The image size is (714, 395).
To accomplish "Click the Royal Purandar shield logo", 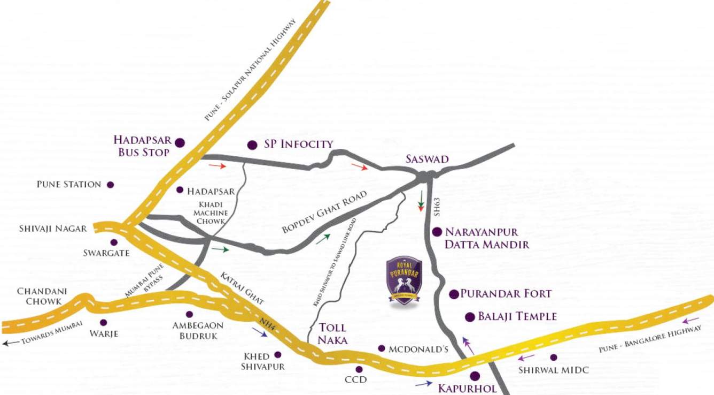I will click(405, 281).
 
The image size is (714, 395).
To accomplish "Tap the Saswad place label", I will click(427, 159).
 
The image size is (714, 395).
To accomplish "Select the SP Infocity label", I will click(299, 144).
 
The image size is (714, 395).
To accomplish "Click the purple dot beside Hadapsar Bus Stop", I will click(180, 142).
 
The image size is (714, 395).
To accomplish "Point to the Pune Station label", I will click(69, 185).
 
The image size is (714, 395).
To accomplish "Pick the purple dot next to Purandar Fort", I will click(454, 294).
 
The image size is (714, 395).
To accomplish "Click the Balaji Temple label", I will click(517, 316).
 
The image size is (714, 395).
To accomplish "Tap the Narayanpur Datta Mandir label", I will click(487, 239).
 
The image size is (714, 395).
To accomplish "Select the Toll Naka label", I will click(332, 333).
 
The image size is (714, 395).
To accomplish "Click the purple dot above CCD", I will click(359, 369).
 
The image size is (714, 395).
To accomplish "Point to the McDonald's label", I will click(418, 349).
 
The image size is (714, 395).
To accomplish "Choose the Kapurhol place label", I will click(468, 388).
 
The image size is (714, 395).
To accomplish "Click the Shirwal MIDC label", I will click(547, 370).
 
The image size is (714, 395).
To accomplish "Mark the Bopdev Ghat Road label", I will click(324, 212).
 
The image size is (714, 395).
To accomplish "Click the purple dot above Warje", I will click(103, 323).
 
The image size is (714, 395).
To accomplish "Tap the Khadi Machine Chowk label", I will click(212, 213).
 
